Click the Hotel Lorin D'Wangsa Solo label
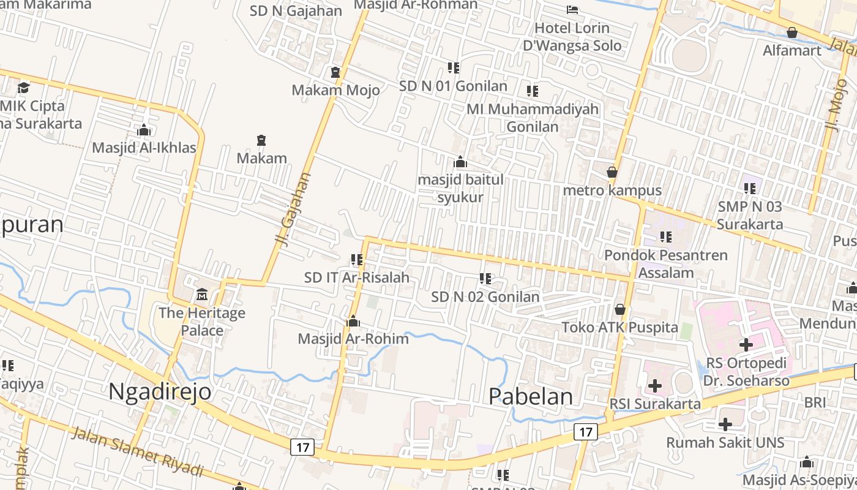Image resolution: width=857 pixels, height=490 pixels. tap(572, 37)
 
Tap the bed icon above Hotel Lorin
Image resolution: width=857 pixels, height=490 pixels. tap(572, 9)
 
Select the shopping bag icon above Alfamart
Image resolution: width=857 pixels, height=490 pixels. tap(792, 32)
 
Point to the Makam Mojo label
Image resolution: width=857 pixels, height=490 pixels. tap(335, 90)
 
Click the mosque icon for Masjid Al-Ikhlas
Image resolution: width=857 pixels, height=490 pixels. tap(144, 130)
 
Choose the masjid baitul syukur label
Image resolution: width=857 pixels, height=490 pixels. tap(460, 189)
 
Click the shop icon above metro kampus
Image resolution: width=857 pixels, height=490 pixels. tap(612, 173)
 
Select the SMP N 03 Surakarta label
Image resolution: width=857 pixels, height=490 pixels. tap(750, 215)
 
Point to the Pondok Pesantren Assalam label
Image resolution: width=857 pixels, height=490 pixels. tap(666, 263)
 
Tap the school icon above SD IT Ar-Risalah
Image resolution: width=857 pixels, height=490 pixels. tap(357, 260)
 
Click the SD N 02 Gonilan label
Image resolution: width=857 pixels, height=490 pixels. tap(485, 297)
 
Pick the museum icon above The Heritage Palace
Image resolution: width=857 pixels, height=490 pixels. tap(202, 295)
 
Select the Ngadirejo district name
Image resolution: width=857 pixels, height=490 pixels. tap(160, 391)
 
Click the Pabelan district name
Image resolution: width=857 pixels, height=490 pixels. tap(531, 396)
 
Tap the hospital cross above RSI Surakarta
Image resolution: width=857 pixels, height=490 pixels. tap(654, 386)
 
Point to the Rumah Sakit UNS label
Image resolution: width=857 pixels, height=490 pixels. tap(725, 442)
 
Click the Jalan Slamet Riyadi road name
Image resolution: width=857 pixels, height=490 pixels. tap(137, 452)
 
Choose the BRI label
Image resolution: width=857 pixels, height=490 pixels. tap(815, 402)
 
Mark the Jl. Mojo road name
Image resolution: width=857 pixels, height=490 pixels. tap(834, 104)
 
